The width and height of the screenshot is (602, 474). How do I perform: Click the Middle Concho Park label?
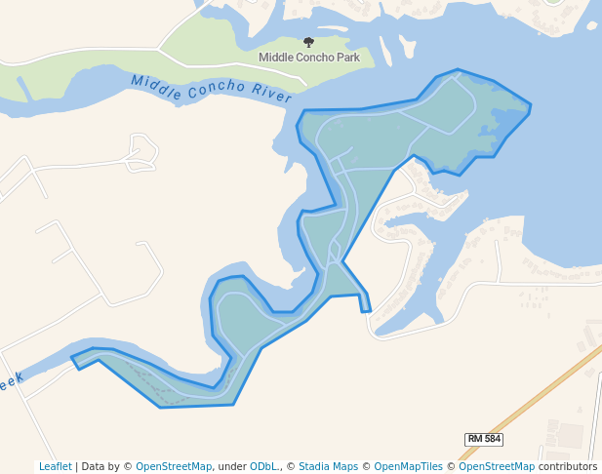(308, 58)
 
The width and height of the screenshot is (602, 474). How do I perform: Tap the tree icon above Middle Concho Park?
(309, 42)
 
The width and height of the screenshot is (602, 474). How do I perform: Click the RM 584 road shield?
(483, 439)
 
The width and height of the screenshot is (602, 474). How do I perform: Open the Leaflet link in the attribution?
(55, 466)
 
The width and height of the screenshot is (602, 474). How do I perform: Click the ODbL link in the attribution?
(263, 466)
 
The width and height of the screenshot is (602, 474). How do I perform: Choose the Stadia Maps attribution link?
(328, 466)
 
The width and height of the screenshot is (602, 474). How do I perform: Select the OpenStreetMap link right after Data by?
(173, 466)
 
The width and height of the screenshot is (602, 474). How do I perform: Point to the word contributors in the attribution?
(567, 466)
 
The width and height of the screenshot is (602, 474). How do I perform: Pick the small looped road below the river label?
(142, 151)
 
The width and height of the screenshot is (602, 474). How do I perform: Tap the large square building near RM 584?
(570, 435)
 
